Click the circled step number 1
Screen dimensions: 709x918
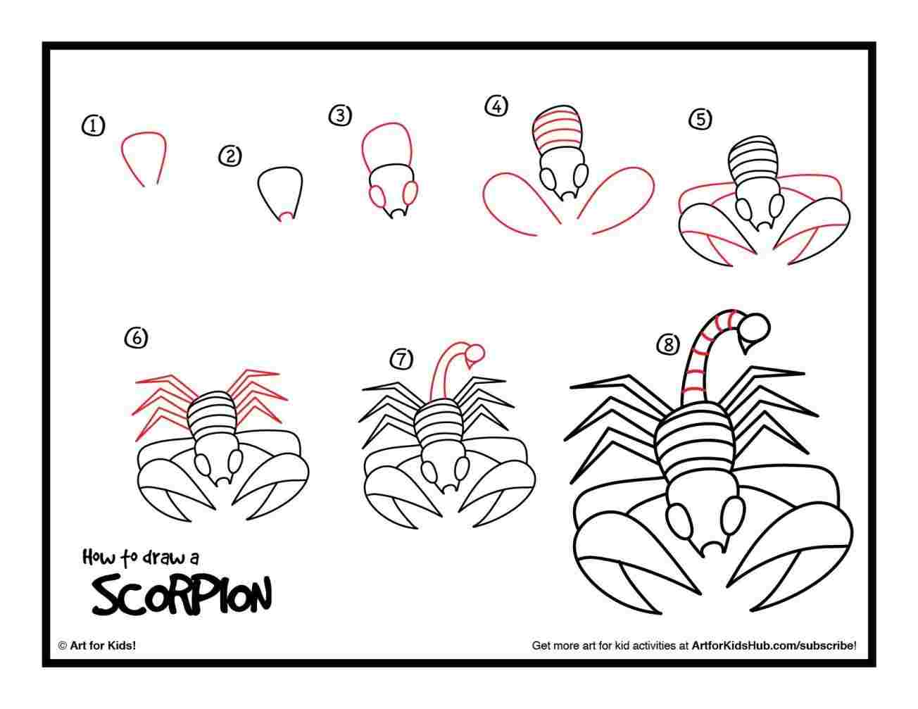click(x=93, y=126)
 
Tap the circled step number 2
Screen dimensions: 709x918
click(x=229, y=156)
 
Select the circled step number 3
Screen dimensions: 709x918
click(x=340, y=115)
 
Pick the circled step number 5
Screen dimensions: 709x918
click(x=700, y=119)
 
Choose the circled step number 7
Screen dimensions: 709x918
click(x=401, y=359)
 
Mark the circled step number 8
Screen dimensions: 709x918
click(x=668, y=344)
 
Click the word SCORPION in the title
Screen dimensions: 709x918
click(x=181, y=595)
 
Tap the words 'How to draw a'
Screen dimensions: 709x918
click(x=141, y=558)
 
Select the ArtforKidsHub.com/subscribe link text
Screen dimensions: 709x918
click(x=774, y=645)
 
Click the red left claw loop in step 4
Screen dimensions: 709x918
click(x=517, y=204)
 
